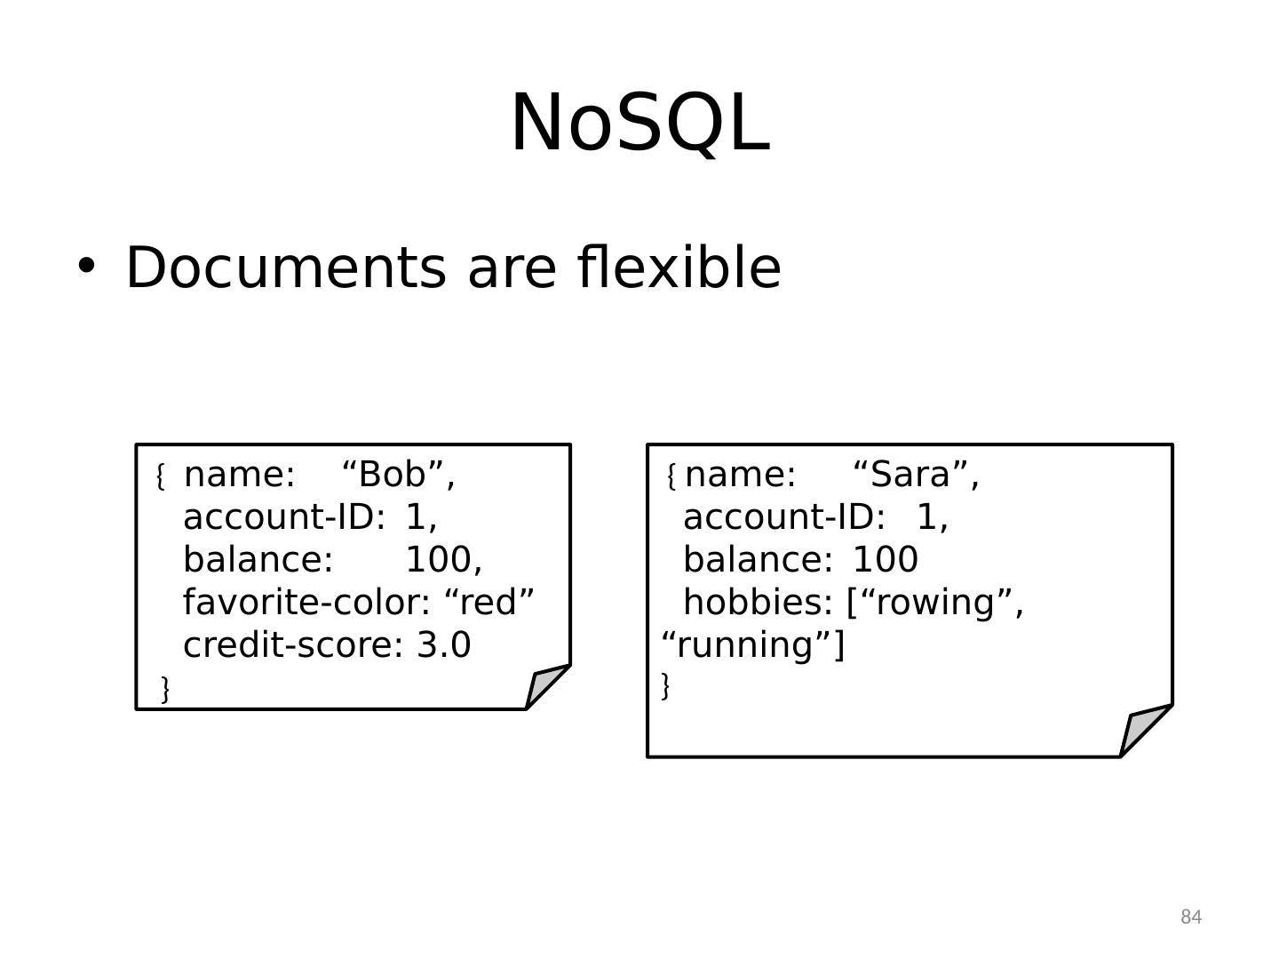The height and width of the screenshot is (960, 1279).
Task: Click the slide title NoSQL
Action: (x=639, y=123)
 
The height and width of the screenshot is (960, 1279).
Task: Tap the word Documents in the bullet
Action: (x=285, y=268)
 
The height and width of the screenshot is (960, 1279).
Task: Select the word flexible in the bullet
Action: (x=679, y=268)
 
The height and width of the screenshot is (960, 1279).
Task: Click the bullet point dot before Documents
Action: (x=85, y=265)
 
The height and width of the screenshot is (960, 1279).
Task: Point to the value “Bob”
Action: (x=398, y=475)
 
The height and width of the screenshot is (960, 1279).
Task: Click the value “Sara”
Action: (x=916, y=475)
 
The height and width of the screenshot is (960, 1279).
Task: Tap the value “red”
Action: (x=489, y=603)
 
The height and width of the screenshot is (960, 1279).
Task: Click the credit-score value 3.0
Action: (x=444, y=645)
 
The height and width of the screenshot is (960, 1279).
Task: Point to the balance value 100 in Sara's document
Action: (x=885, y=560)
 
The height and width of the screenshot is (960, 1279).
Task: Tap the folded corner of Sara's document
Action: (x=1142, y=731)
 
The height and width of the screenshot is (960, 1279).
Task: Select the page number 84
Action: (x=1191, y=917)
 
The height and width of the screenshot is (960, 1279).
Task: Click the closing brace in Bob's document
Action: (x=165, y=688)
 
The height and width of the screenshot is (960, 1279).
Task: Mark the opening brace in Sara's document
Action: (x=671, y=477)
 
